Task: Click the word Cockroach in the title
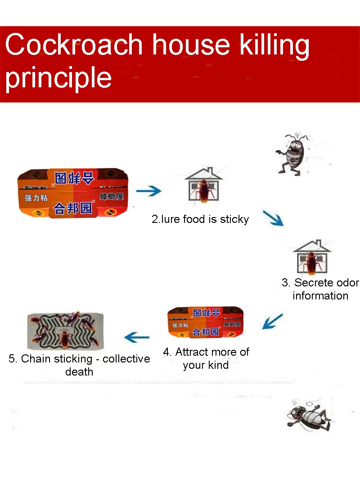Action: tap(75, 45)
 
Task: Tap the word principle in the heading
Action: tap(58, 77)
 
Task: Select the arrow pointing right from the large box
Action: tap(148, 191)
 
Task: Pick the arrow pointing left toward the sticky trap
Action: tap(137, 336)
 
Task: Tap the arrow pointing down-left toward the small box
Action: tap(273, 322)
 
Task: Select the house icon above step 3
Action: tap(312, 258)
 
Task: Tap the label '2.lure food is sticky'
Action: tap(200, 219)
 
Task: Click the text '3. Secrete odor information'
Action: tap(320, 289)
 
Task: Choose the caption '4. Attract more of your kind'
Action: tap(206, 358)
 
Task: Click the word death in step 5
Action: tap(79, 372)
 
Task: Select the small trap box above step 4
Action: tap(205, 322)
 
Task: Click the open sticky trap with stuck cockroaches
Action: tap(65, 331)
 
